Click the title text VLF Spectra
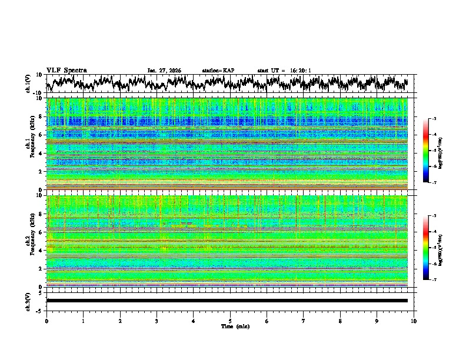pos(66,70)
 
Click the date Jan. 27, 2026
pos(164,71)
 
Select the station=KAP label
pos(218,71)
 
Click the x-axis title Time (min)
pos(230,326)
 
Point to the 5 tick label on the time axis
pos(230,321)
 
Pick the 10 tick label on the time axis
pos(414,321)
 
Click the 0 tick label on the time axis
pos(46,321)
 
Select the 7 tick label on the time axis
pos(304,321)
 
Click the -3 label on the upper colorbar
pos(434,119)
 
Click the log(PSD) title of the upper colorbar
pos(448,151)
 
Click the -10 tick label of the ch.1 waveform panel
pos(36,93)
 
